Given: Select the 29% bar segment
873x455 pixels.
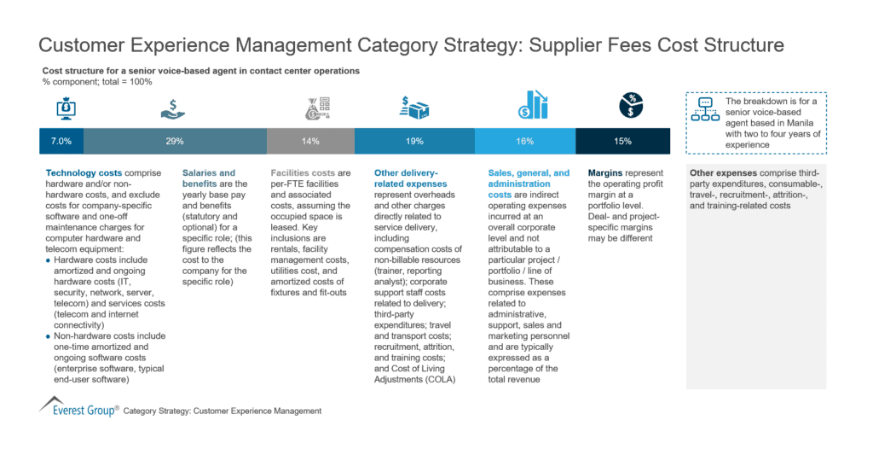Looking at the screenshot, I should point(175,141).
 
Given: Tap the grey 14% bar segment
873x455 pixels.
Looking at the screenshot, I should point(310,141).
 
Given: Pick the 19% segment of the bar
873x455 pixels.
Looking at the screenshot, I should point(413,141).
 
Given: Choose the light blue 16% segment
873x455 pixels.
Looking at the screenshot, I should point(524,141).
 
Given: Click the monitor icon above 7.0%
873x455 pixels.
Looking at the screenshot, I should point(66,107).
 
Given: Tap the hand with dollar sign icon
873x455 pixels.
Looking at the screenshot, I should point(173,108).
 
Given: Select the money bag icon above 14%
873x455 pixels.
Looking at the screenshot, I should point(313,108).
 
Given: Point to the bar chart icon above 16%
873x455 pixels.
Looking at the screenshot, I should point(533,105).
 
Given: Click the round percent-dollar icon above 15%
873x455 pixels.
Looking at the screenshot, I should point(631,105).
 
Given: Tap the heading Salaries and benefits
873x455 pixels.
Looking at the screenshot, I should point(209,173).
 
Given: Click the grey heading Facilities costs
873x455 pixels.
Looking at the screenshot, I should point(301,173).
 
